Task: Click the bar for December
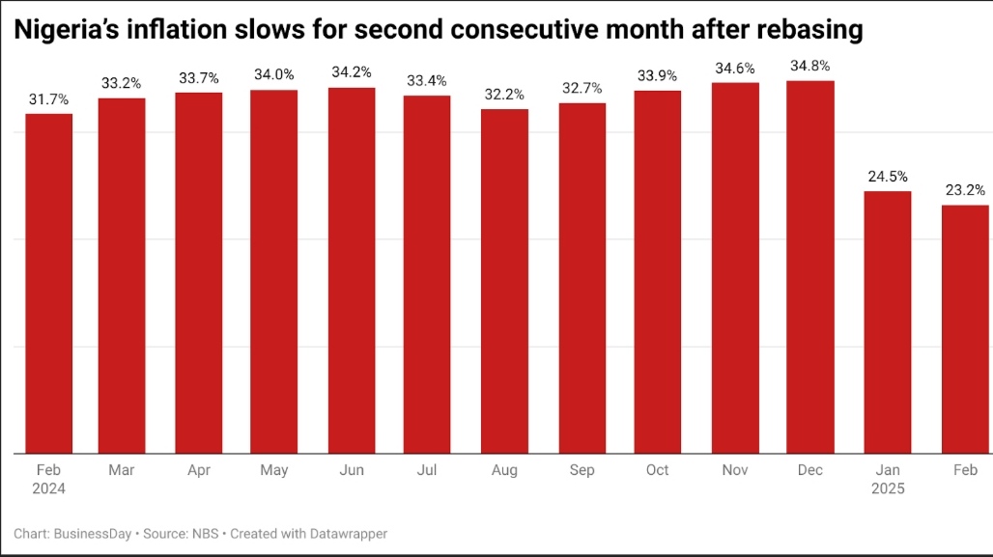point(810,266)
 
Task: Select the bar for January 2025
point(887,321)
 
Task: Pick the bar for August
point(504,280)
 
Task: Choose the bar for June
point(352,269)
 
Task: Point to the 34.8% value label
point(810,67)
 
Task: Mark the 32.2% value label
point(504,94)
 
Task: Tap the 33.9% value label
point(658,75)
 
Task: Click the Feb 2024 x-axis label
point(48,479)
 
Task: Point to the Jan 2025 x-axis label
point(887,479)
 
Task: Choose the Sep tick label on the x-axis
point(582,470)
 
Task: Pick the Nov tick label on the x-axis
point(734,470)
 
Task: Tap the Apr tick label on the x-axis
point(199,470)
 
